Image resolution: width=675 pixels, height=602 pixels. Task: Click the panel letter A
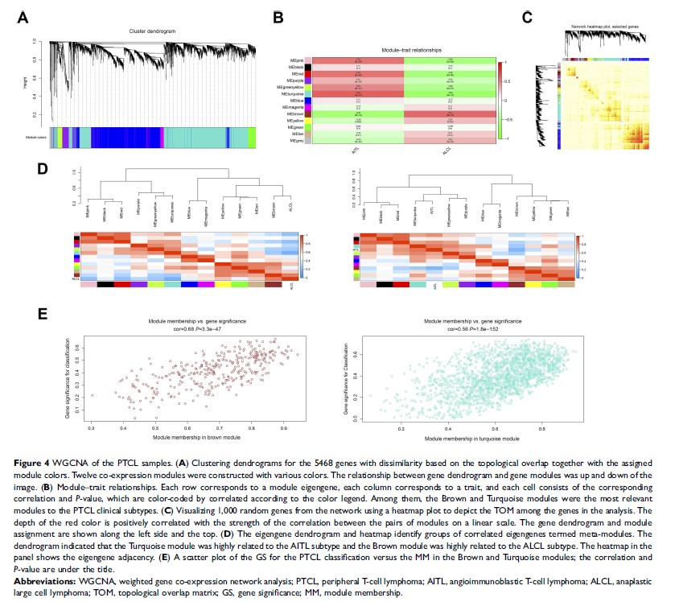pos(23,17)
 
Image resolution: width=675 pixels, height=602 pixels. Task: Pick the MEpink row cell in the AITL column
pos(356,60)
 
